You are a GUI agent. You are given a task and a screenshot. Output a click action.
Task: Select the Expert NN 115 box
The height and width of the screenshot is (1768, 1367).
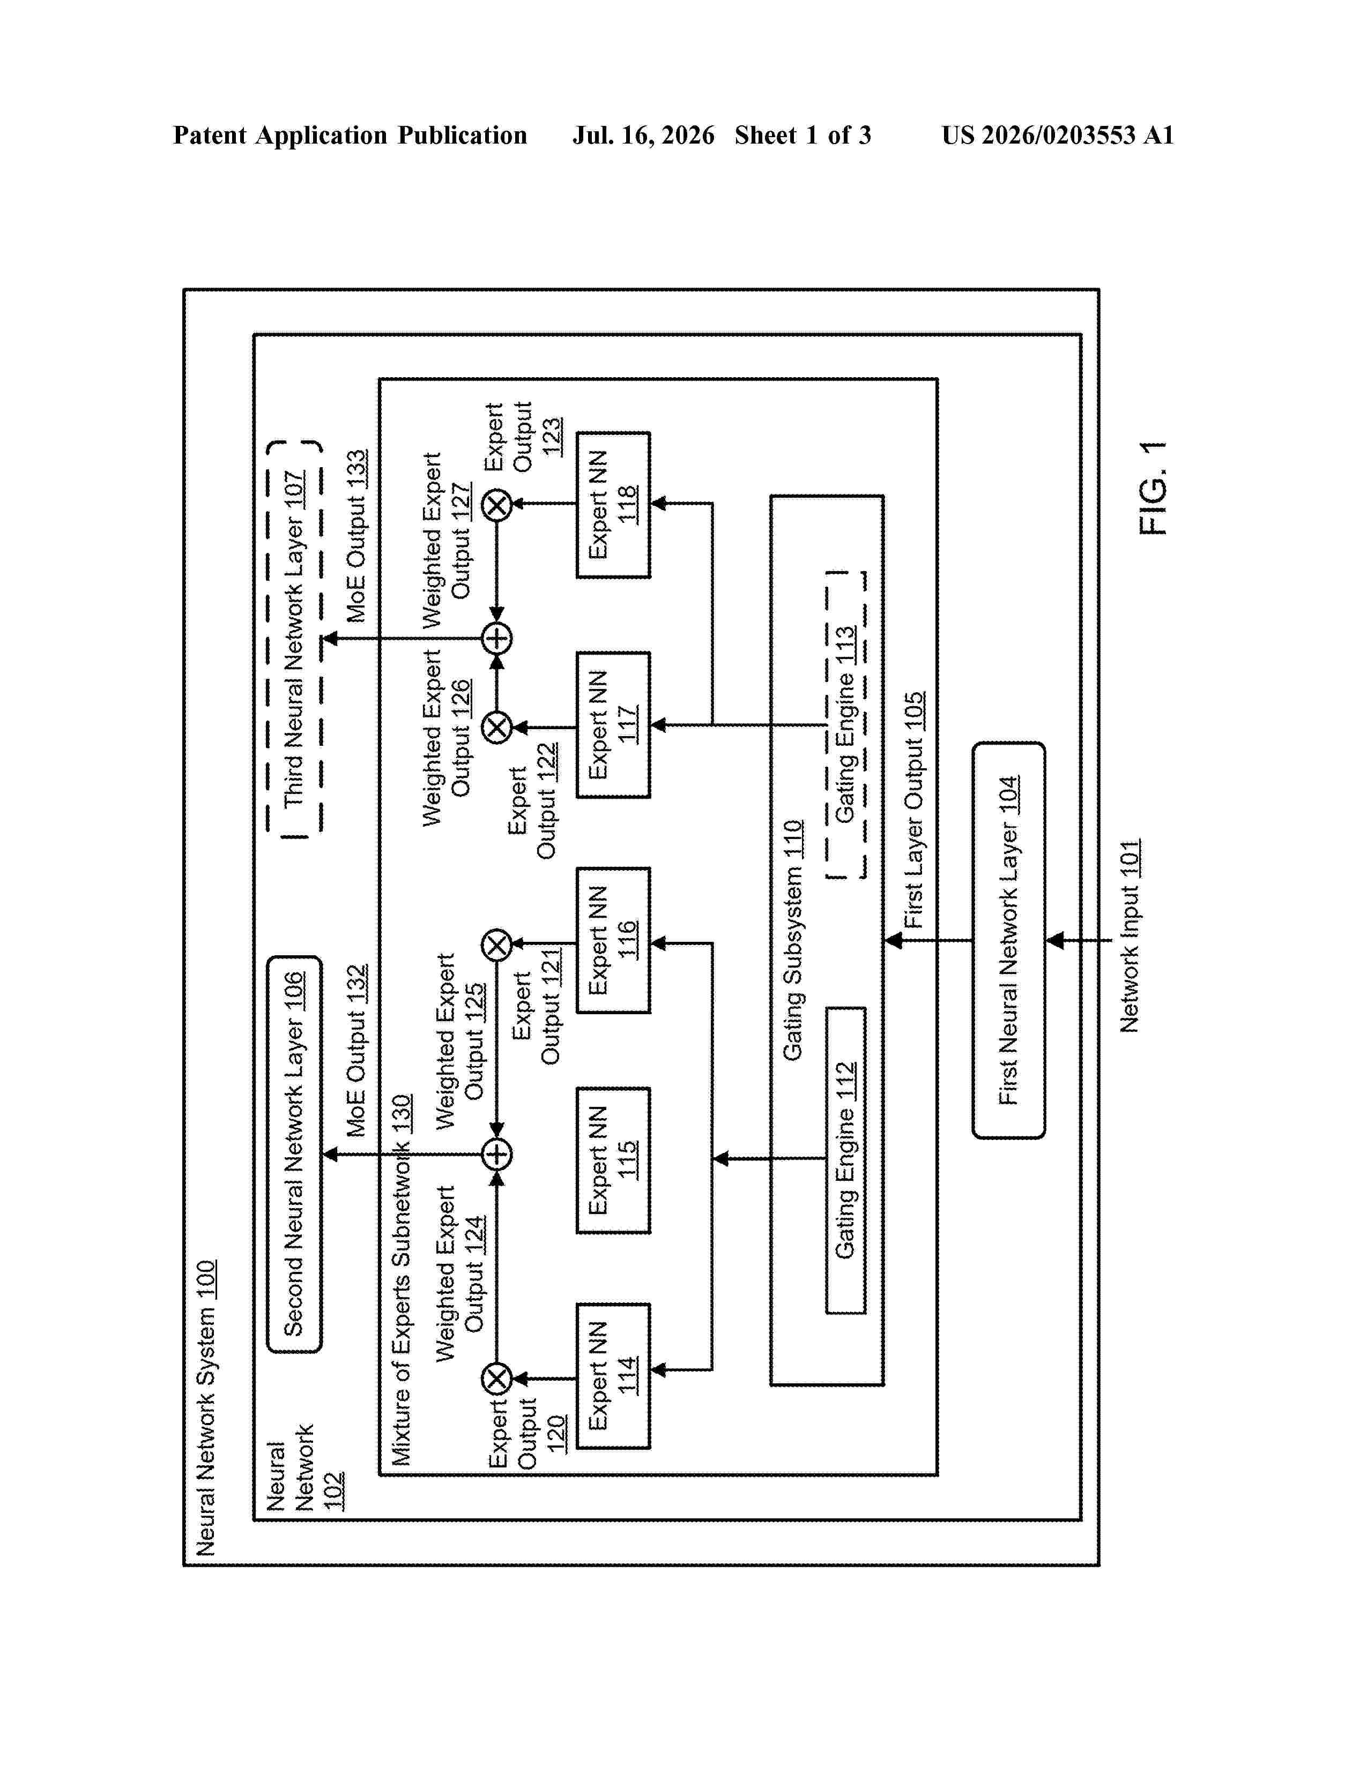tap(613, 1160)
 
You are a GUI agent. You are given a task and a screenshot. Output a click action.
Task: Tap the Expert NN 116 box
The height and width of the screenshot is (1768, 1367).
tap(613, 940)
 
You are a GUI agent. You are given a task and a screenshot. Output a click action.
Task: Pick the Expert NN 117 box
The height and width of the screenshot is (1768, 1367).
tap(613, 724)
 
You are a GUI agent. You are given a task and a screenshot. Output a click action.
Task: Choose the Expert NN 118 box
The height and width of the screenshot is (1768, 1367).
tap(613, 504)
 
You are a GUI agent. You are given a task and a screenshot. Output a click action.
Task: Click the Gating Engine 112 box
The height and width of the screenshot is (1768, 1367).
tap(845, 1160)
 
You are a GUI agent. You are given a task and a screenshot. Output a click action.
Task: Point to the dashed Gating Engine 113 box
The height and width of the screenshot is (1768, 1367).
tap(845, 724)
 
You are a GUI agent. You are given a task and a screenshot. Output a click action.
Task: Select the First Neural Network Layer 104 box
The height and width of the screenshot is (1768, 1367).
tap(1008, 940)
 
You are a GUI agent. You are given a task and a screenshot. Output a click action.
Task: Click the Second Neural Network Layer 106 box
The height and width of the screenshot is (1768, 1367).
tap(294, 1155)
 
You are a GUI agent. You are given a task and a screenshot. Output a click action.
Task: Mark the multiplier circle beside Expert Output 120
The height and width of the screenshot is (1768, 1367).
tap(497, 1378)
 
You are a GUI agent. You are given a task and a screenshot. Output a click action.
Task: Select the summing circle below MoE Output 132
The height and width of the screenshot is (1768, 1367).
tap(497, 1155)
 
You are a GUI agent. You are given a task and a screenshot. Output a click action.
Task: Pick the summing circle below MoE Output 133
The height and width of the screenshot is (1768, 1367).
tap(497, 639)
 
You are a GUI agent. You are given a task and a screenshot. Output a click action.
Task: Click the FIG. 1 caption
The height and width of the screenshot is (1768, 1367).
tap(1153, 488)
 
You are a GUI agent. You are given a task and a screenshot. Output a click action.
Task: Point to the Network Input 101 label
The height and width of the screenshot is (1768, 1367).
tap(1130, 936)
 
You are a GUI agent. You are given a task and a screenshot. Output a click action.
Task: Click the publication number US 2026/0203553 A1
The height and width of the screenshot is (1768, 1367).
tap(1058, 135)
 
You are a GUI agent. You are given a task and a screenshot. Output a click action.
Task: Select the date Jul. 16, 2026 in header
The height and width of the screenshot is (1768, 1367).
tap(644, 135)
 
